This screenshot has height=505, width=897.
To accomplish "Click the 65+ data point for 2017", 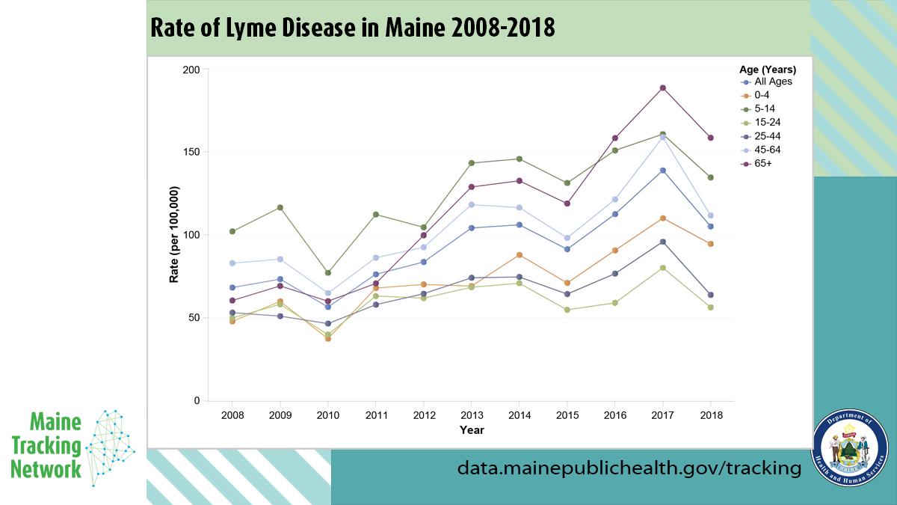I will [662, 88].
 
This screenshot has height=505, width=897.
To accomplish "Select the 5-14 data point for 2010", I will [327, 273].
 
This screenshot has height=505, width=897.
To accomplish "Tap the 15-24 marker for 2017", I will [662, 268].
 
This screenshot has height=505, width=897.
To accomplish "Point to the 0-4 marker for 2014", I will [519, 255].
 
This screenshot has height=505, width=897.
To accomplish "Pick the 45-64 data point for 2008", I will [232, 263].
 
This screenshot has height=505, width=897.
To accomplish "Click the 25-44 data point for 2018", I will [710, 295].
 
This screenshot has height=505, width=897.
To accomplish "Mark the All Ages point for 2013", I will [471, 227].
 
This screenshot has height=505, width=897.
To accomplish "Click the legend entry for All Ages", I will [772, 82].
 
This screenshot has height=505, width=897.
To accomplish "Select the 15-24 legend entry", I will [769, 122].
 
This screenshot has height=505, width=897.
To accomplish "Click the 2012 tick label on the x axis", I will [423, 414].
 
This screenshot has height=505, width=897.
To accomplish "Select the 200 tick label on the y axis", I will [191, 70].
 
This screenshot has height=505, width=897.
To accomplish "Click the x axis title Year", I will [472, 430].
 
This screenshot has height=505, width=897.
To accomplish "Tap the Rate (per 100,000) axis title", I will [174, 235].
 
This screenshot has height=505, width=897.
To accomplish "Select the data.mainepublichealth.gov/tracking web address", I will [629, 468].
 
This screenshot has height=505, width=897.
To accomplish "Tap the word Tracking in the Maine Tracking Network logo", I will [46, 447].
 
